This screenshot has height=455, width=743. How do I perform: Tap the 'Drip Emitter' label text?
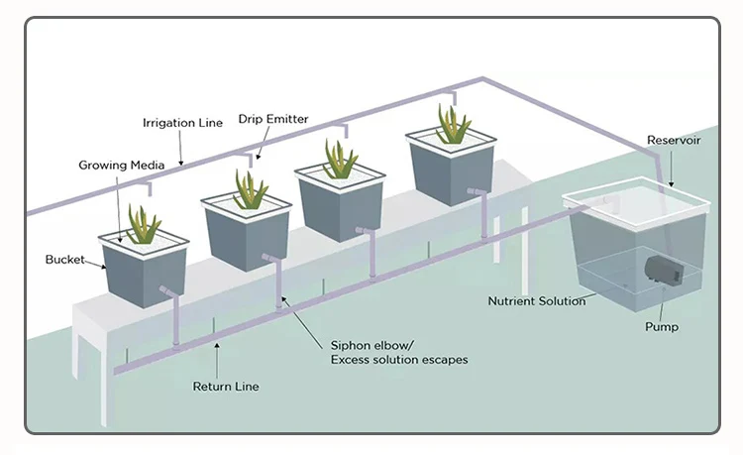pos(273,119)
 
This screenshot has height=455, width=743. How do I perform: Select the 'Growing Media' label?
pos(115,165)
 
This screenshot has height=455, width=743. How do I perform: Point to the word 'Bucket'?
pos(64,260)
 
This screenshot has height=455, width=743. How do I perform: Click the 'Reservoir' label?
pos(674,140)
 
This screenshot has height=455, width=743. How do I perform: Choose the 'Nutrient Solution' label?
pos(536,300)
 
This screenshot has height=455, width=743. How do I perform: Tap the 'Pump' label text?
pos(662,325)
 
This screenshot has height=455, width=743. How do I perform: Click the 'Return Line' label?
pos(226,385)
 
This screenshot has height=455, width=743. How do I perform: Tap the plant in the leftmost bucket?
pos(145,225)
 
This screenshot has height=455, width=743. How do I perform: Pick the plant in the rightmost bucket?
pos(453,126)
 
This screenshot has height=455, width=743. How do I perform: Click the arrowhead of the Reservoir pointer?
pos(669,185)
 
